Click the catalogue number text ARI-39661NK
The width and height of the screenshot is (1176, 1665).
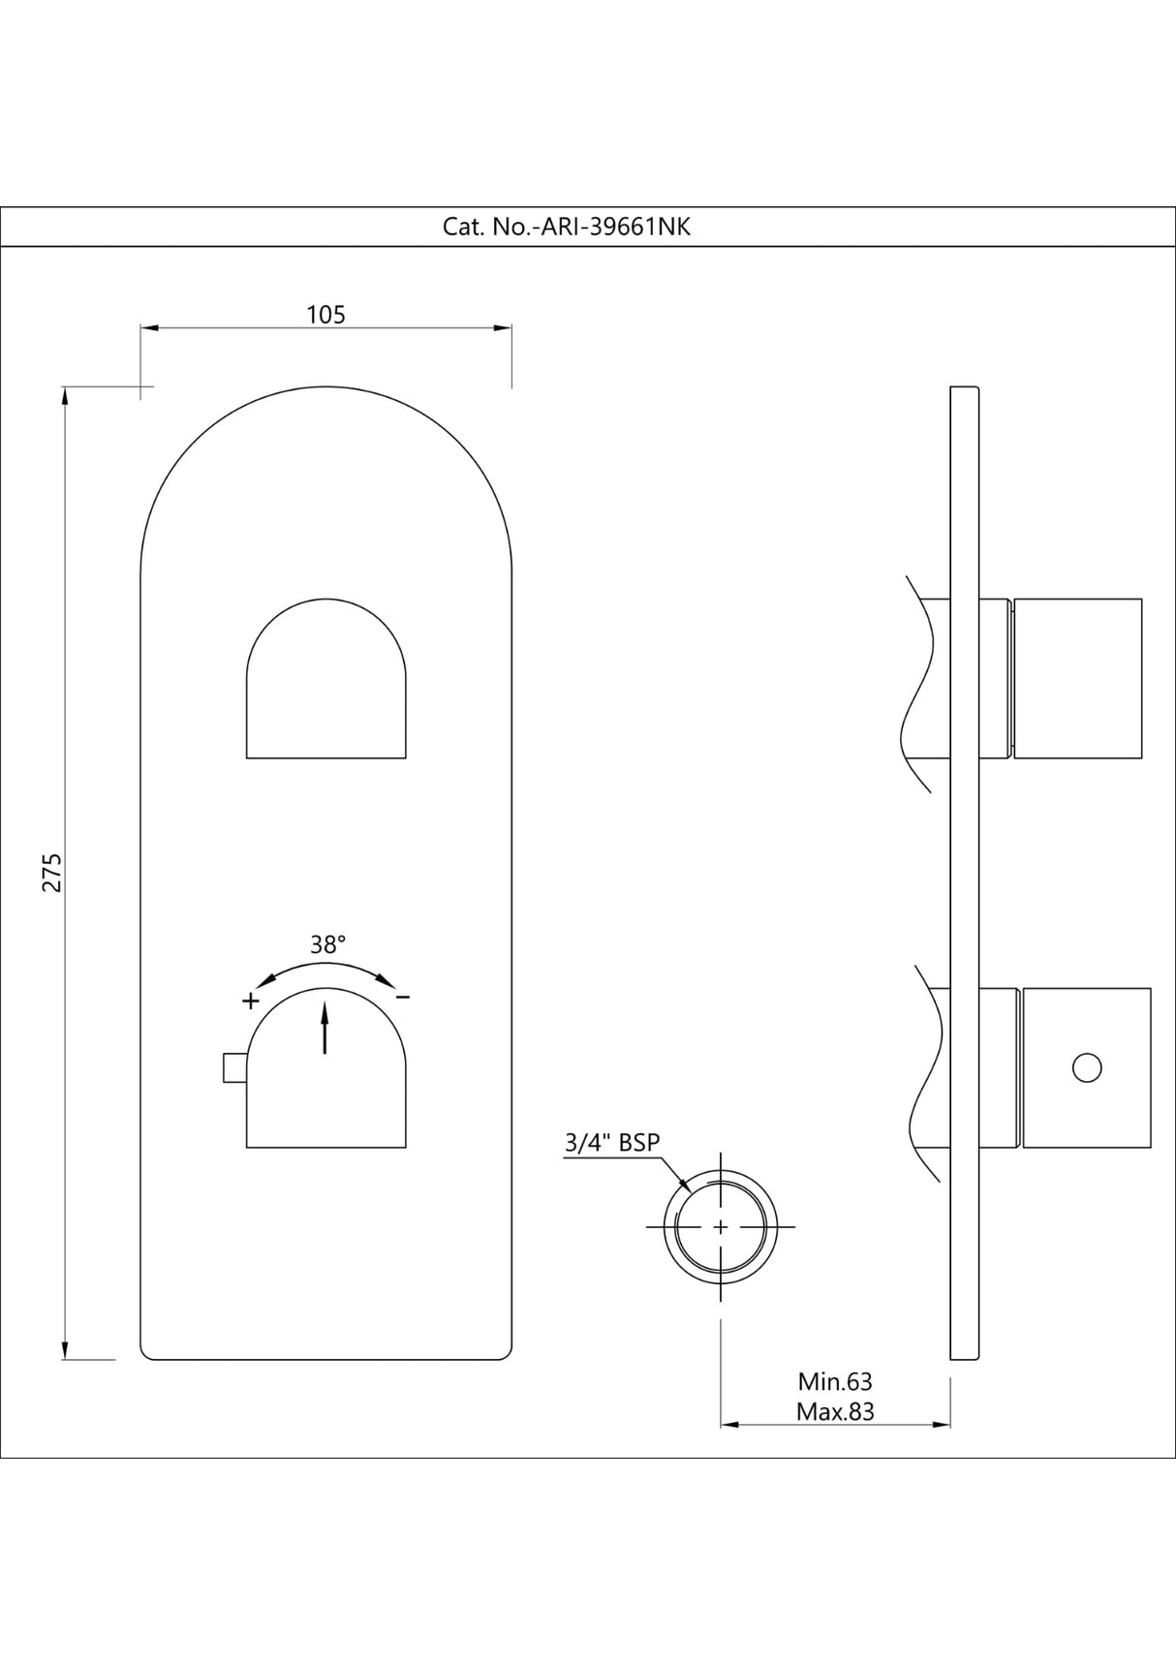(567, 227)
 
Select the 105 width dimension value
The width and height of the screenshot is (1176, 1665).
(325, 315)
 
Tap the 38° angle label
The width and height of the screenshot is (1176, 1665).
(327, 944)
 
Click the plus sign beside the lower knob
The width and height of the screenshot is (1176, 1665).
(250, 1000)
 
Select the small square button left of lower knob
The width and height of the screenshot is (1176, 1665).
(233, 1067)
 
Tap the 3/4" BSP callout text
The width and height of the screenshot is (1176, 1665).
(611, 1142)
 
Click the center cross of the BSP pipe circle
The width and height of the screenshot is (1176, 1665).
(721, 1226)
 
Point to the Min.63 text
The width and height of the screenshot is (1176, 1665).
(834, 1381)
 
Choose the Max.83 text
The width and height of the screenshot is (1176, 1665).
(834, 1411)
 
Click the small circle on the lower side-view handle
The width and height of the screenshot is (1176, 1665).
(1087, 1067)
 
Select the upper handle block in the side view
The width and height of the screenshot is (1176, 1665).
(1077, 677)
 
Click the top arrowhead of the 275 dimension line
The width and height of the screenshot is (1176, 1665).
(65, 393)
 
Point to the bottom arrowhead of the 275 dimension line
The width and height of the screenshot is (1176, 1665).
(65, 1352)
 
